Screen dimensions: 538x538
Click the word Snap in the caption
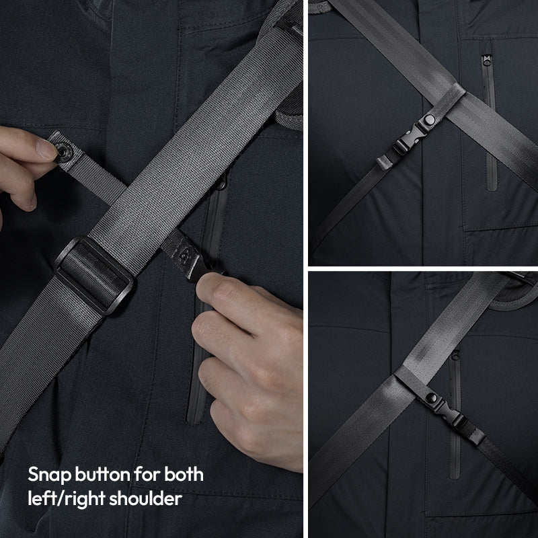49,475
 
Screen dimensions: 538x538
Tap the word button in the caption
102,475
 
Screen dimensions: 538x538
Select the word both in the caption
184,474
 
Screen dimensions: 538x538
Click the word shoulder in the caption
145,498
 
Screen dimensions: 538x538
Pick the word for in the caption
147,474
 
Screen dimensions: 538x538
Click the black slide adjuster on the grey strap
93,275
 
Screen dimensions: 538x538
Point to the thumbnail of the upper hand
47,149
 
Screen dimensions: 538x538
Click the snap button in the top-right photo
429,120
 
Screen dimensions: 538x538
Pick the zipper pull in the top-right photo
486,60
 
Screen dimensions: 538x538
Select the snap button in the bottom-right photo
431,397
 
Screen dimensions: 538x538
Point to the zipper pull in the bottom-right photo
455,355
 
